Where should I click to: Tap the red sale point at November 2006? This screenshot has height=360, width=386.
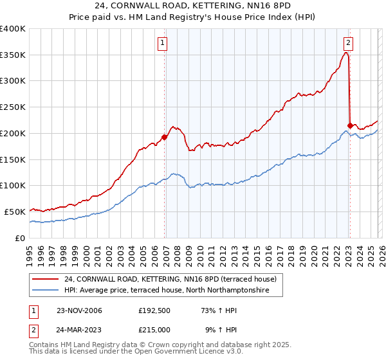tap(165, 136)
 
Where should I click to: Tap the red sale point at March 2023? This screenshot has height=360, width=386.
tap(350, 125)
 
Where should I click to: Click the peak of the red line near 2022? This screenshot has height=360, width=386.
tap(346, 53)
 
